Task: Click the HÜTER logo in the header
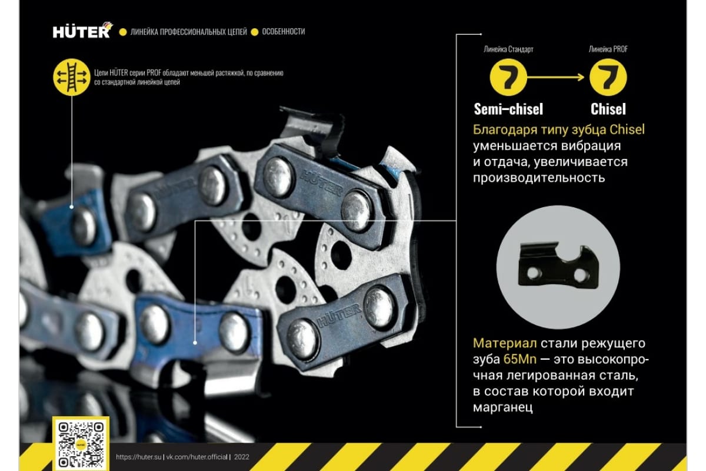coord(83,30)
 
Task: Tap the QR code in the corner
coord(81,445)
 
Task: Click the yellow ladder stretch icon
coord(72,77)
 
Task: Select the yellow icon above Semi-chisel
coord(508,77)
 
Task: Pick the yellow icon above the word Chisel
coord(608,77)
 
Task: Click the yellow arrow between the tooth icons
coord(555,77)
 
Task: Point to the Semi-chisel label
coord(508,109)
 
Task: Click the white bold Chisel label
coord(608,109)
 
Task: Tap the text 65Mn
coord(520,359)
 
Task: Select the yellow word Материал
coord(505,343)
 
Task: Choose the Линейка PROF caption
coord(608,49)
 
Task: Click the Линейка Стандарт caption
coord(508,49)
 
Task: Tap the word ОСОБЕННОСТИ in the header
coord(284,32)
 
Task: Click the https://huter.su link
coord(138,457)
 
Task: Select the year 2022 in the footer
coord(241,457)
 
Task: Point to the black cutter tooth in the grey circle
coord(558,266)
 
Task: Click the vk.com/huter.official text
coord(197,457)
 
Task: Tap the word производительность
coord(539,178)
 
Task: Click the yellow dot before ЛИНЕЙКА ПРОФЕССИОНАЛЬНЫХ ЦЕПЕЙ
coord(123,32)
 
